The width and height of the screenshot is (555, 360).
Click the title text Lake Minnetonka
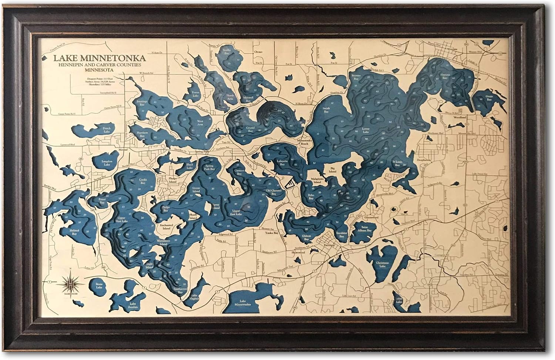pos(100,58)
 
